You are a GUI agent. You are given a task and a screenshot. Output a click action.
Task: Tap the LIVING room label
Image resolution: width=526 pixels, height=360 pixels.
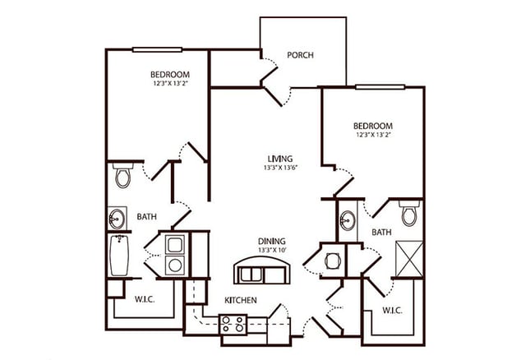280,158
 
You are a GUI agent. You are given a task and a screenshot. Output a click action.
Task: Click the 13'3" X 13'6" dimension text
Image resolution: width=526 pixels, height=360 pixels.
280,168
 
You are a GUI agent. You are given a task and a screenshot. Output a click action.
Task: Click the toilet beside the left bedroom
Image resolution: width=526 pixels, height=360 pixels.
123,176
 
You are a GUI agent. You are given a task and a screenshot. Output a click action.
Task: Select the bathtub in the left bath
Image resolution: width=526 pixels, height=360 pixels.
120,256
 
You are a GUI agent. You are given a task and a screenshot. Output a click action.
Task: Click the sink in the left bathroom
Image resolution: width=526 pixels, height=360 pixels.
118,219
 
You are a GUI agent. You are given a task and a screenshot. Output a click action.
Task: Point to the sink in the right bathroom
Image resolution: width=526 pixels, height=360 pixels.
348,221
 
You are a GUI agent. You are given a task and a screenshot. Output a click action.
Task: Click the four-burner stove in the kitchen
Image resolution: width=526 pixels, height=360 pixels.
233,323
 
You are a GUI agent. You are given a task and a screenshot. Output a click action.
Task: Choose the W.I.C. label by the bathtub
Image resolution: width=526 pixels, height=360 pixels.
144,297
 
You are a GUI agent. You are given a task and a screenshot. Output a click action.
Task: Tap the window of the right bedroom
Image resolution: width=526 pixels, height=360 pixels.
380,86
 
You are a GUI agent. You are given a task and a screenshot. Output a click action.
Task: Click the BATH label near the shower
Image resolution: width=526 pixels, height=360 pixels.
381,233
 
